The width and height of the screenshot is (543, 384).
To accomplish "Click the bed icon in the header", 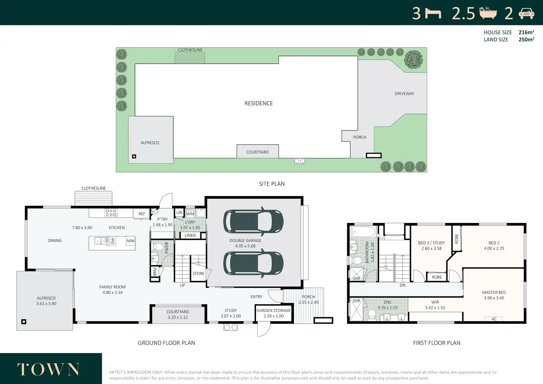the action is tap(433, 14).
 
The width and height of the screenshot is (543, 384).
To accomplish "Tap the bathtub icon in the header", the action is tap(488, 13).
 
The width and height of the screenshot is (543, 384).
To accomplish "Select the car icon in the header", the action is tap(526, 13).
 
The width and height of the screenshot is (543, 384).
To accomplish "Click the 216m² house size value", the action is tap(526, 32).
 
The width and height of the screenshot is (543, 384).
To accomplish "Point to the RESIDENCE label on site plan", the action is tap(259, 103).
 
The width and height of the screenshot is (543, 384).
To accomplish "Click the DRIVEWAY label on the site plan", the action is tap(404, 94).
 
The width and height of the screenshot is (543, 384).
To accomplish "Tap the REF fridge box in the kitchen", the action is tap(142, 214).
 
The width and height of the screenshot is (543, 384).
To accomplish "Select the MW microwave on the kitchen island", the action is tap(131, 241).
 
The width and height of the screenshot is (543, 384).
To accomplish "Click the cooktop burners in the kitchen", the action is tap(111, 213).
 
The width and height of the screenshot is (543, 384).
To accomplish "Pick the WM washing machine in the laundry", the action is tap(190, 214).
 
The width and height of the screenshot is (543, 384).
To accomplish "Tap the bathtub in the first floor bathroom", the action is tap(363, 232).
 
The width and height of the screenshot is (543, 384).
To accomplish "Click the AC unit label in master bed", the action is tap(494, 319).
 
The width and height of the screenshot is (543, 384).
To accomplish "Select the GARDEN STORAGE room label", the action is tap(273, 311).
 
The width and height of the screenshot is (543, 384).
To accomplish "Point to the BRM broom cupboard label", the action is tap(155, 272).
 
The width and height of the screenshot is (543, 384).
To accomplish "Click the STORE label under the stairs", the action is tap(198, 273).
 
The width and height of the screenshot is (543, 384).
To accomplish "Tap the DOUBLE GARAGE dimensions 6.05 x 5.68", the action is tap(245, 246).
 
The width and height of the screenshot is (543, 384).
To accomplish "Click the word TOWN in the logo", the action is tap(48, 370).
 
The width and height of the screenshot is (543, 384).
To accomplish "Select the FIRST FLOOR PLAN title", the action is tap(437, 343).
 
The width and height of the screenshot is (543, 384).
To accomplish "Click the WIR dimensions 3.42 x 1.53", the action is tap(435, 308).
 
